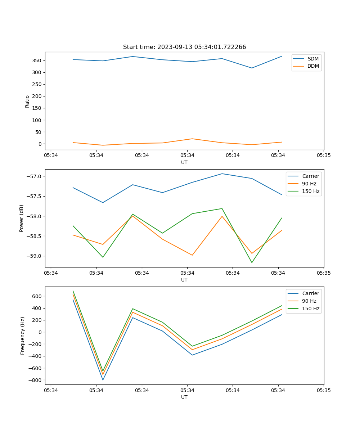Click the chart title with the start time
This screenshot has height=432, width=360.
coord(184,47)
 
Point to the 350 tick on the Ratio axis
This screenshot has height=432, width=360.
coord(37,60)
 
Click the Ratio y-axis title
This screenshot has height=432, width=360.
coord(27,101)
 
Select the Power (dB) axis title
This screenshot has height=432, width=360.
coord(22,218)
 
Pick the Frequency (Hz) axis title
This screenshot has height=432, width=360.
coord(22,336)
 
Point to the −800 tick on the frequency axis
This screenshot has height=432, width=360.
coord(35,380)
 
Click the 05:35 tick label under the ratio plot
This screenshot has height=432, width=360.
coord(323,156)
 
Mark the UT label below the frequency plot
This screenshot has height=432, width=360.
coord(184,397)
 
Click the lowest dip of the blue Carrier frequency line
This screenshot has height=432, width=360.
coord(103,380)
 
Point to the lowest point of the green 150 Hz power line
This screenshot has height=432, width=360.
coord(252,262)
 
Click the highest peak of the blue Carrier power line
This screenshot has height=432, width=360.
coord(222,174)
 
